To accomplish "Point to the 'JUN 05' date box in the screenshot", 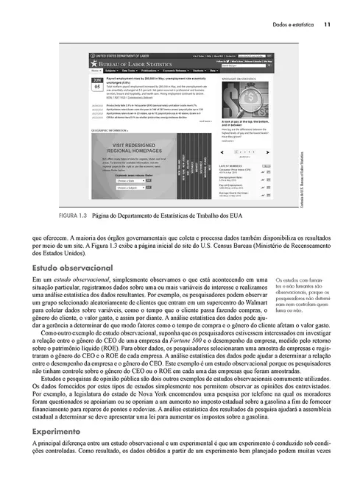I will coord(97,82).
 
